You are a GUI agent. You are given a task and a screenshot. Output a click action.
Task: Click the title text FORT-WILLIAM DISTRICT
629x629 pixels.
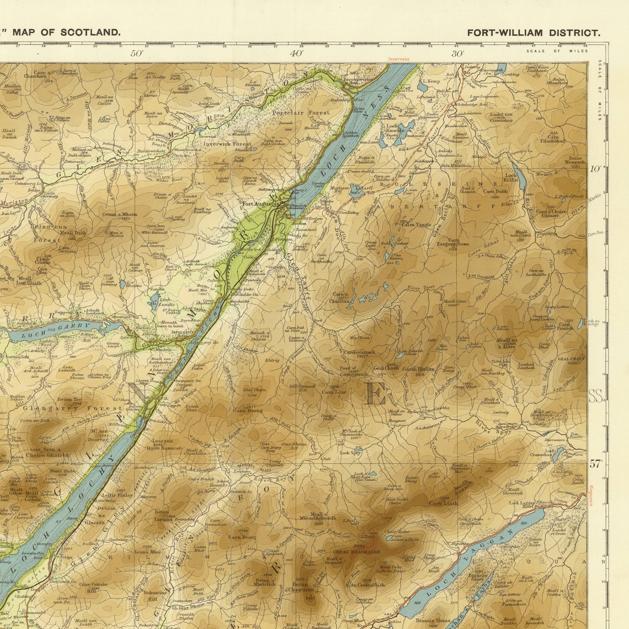[x=533, y=33]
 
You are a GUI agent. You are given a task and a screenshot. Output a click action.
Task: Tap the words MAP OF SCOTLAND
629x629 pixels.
[x=66, y=32]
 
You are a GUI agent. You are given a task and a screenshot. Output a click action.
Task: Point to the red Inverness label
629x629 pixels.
[x=398, y=58]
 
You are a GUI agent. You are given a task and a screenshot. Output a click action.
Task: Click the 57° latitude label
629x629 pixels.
[x=595, y=464]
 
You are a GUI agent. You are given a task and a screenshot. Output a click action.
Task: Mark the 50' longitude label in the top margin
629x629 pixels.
[x=136, y=54]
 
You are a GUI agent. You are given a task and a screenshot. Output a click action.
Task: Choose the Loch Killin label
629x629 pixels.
[x=511, y=178]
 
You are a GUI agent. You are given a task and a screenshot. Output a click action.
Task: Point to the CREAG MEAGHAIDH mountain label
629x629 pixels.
[x=354, y=551]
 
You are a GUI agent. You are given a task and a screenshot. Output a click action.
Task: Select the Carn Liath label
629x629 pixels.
[x=443, y=503]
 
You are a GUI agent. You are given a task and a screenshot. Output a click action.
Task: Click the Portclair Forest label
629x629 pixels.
[x=301, y=113]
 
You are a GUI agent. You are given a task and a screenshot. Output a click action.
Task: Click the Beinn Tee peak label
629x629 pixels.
[x=69, y=399]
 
